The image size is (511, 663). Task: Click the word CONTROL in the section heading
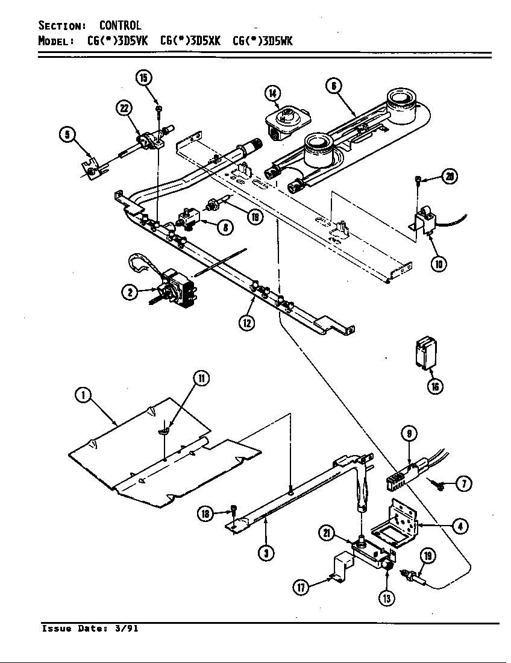coord(120,25)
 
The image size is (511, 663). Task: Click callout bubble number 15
coord(143,78)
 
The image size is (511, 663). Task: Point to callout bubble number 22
coord(124,108)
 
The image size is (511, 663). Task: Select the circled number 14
coord(272,93)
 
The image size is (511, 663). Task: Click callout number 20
coord(449,177)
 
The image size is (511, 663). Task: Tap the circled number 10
coord(439,263)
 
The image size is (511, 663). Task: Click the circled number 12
coord(246,322)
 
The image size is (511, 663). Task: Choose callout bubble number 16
coord(434,386)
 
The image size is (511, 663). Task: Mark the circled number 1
coord(83,396)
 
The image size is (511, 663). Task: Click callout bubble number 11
coord(201,379)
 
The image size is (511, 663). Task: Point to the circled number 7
coord(463,483)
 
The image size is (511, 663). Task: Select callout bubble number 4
coord(460,526)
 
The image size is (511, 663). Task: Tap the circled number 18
coord(207,514)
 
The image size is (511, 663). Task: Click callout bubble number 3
coord(263,553)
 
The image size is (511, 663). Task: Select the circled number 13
coord(386,598)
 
